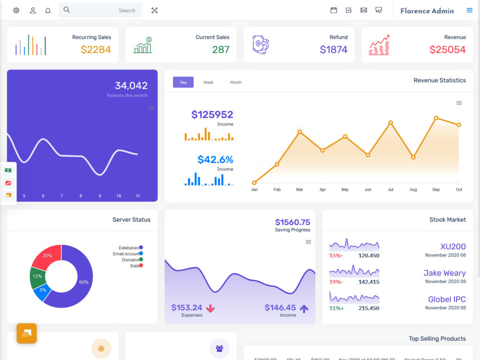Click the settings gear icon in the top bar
pos(16,10)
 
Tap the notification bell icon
pos(48,10)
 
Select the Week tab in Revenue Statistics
pos(208,82)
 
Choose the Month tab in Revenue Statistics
pos(236,82)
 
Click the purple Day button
pos(183,82)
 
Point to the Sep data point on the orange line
pos(436,118)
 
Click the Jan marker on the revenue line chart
pos(255,183)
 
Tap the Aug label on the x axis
pos(413,190)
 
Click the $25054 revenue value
pos(447,50)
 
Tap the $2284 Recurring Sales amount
pos(96,50)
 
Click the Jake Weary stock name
pos(444,273)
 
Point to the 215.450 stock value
pos(368,308)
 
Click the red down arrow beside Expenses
pos(210,308)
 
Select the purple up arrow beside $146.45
pos(304,308)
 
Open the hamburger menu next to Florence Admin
pos(469,10)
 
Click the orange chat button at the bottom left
pos(27,333)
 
